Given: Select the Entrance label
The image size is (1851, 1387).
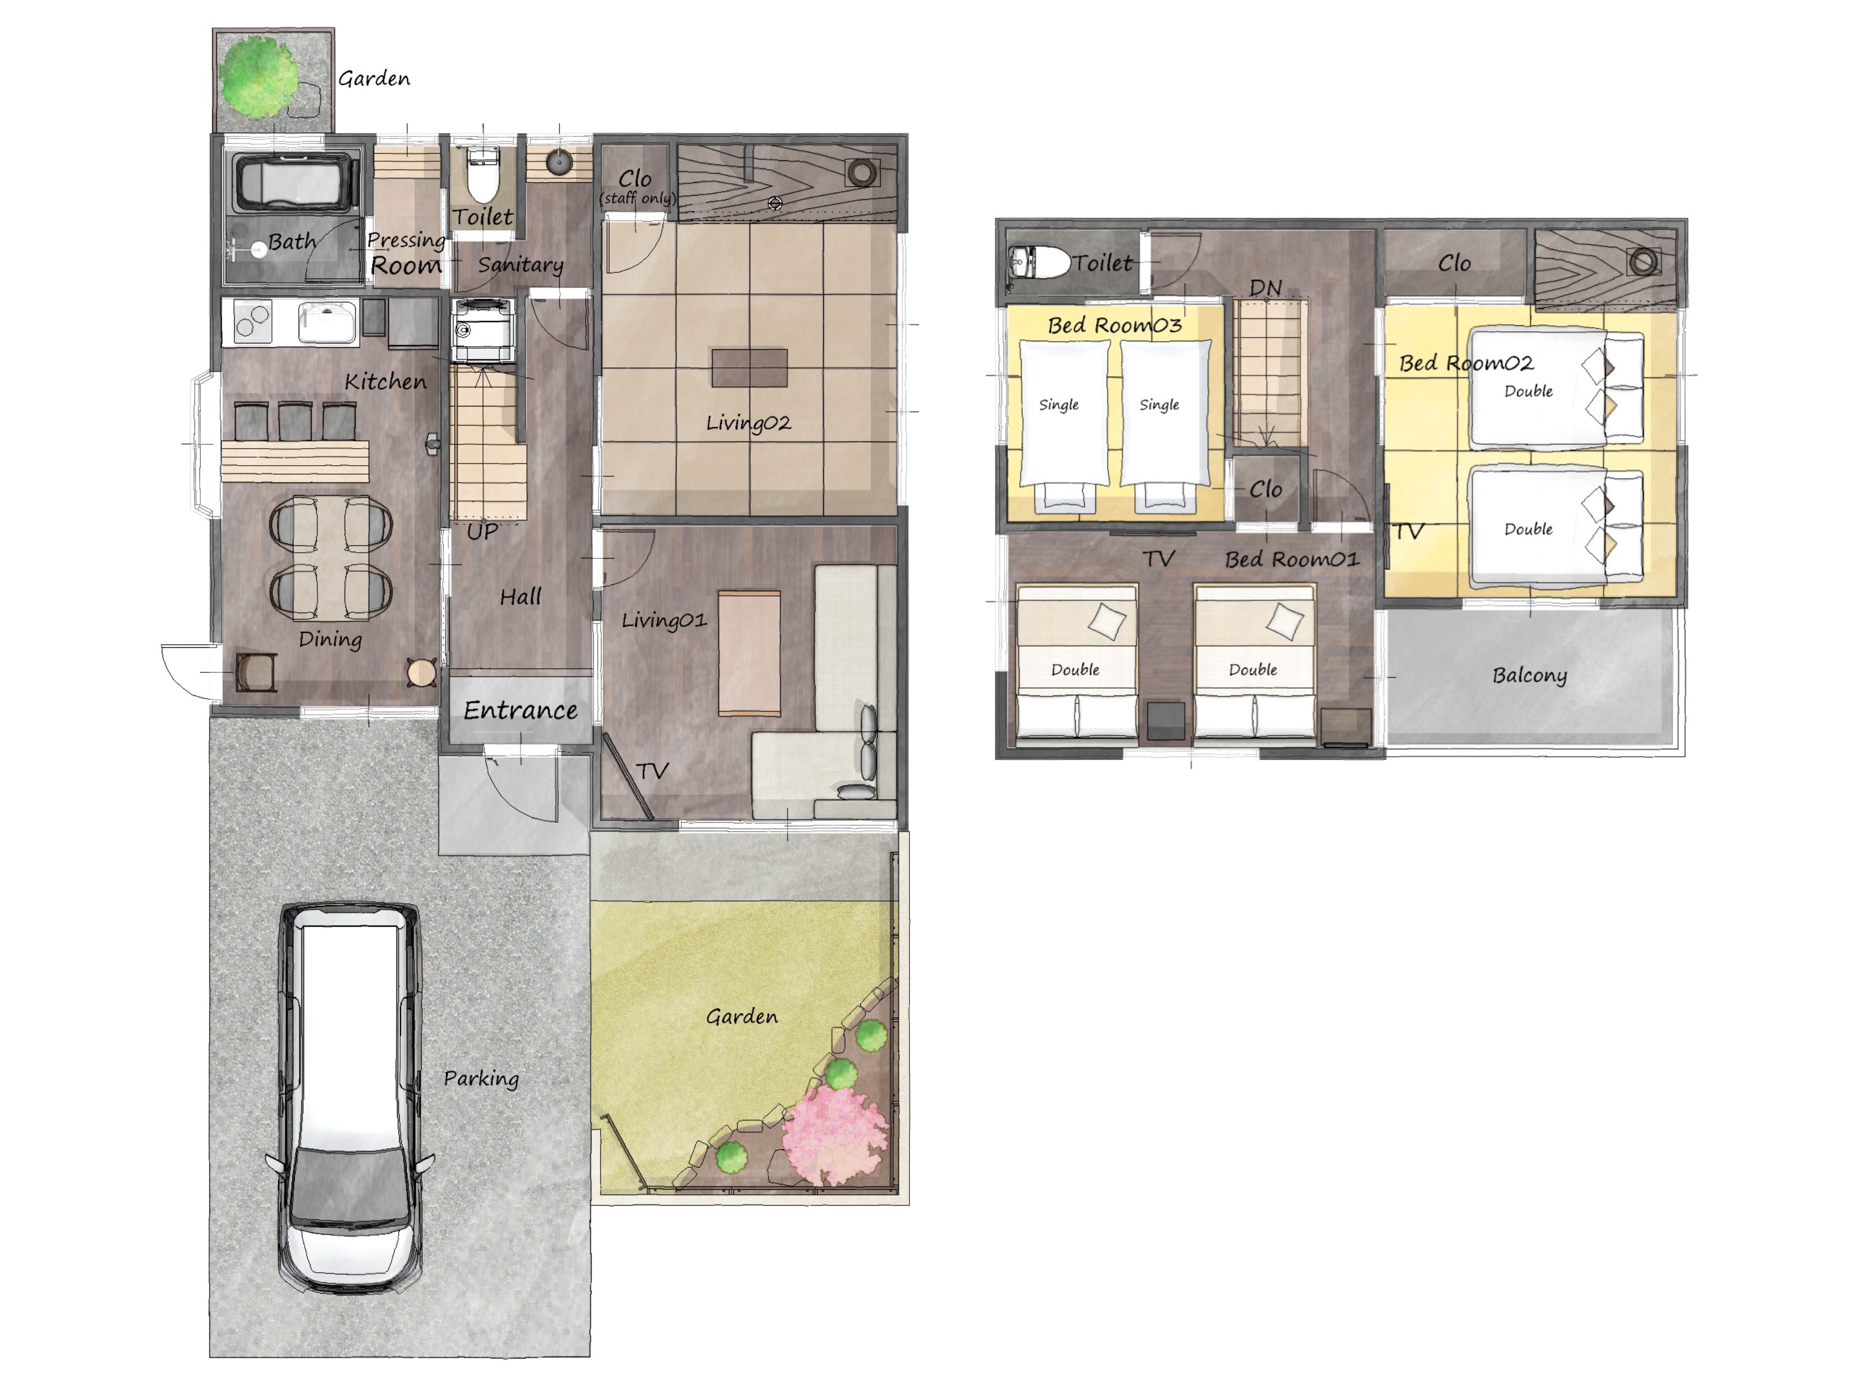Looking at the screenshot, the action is [x=520, y=710].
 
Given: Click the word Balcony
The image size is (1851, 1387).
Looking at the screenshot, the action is [x=1530, y=676].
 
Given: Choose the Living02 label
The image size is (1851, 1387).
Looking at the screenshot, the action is [x=748, y=424].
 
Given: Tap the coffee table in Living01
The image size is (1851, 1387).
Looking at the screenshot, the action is [x=750, y=653].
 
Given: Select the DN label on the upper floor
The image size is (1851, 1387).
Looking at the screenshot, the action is [x=1265, y=288].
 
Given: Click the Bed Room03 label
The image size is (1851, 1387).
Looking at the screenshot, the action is [x=1115, y=325].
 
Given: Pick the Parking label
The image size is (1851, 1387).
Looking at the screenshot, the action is [x=481, y=1079].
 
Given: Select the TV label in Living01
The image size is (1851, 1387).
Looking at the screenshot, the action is [x=652, y=771].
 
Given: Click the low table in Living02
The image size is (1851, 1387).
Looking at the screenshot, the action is [x=749, y=367].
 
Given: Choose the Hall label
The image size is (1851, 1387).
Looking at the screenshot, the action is [x=520, y=597].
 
